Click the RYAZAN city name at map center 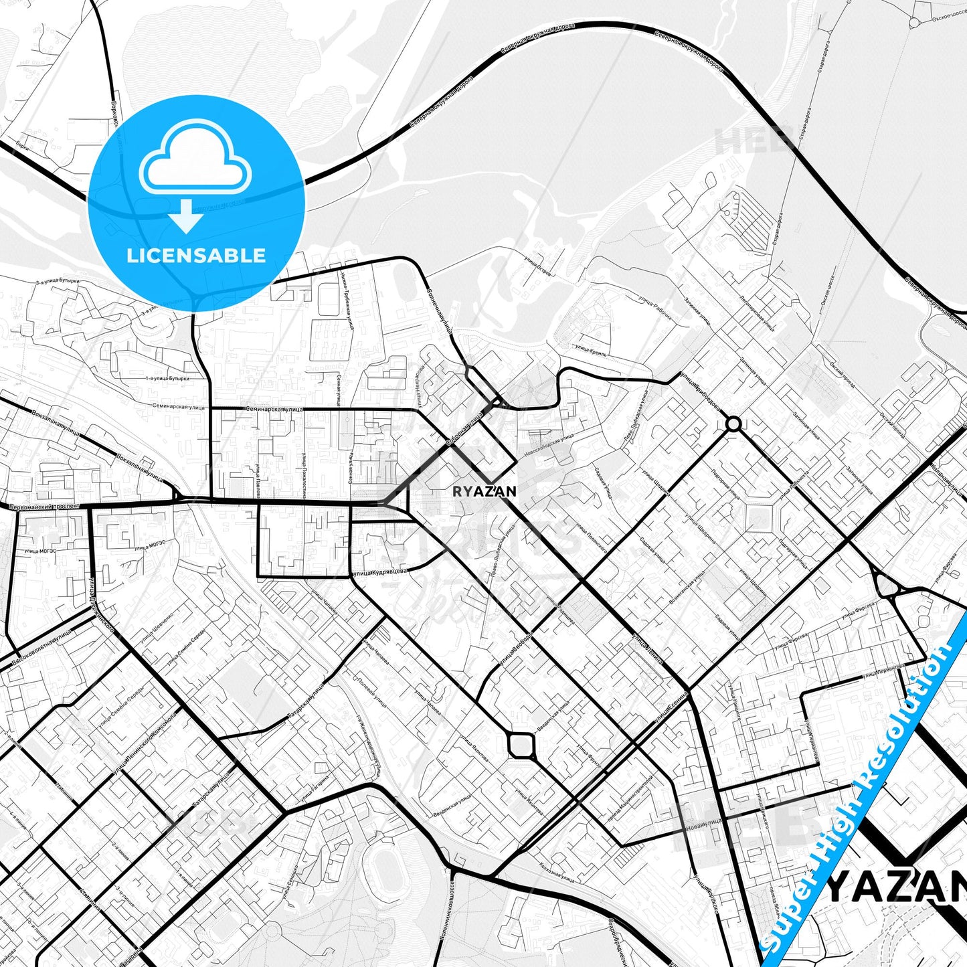[x=484, y=491]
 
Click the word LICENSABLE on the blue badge [x=196, y=255]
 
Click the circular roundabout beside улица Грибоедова [x=733, y=424]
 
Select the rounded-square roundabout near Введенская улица [x=521, y=744]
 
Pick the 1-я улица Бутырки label [x=167, y=379]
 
